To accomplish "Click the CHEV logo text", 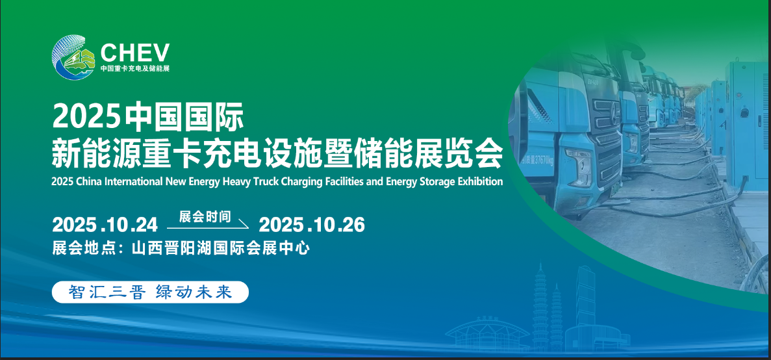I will click(135, 52).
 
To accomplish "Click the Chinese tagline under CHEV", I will click(135, 68).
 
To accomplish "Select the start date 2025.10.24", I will click(105, 225).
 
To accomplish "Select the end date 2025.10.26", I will click(312, 225).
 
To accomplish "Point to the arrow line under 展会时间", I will click(208, 227).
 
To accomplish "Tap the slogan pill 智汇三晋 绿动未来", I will click(150, 292).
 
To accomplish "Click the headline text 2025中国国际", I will click(147, 117).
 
